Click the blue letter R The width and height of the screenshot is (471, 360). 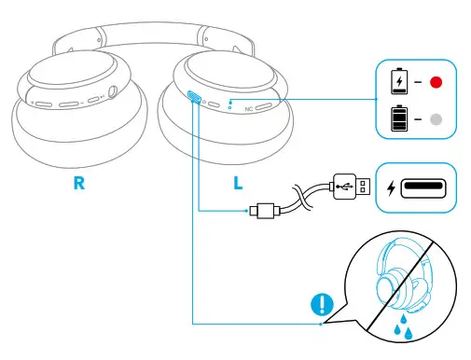(81, 184)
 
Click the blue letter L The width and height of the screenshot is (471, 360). (239, 184)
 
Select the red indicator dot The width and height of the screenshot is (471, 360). (436, 82)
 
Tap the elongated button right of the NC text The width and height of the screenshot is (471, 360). (266, 106)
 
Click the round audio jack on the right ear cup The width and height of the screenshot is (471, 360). (115, 92)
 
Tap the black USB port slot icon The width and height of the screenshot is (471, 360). (426, 186)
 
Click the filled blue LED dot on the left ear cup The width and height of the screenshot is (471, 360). (230, 100)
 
